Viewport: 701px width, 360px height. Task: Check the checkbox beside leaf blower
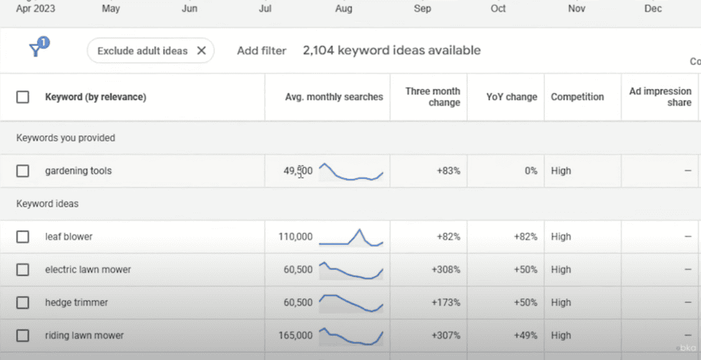23,237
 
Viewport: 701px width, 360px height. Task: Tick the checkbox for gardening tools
23,171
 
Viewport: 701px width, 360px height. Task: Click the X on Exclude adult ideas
201,51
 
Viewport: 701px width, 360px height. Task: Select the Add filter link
261,51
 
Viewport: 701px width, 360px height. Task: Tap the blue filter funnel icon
36,49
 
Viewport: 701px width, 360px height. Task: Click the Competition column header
577,97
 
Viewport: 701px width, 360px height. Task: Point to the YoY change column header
511,97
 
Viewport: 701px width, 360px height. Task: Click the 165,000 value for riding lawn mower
294,336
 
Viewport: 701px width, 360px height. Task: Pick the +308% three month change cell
446,270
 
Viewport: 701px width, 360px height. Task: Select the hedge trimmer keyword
77,303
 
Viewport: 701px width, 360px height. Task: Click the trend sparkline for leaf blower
350,237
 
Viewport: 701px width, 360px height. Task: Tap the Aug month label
344,9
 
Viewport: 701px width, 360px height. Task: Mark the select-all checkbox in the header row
23,97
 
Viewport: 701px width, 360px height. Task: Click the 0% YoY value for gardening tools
530,171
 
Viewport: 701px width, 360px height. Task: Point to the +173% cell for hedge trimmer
446,303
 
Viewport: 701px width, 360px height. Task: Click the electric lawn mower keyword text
88,270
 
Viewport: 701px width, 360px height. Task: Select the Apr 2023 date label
36,9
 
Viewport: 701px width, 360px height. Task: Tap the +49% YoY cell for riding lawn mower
525,336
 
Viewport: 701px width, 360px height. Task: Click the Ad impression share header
660,97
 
